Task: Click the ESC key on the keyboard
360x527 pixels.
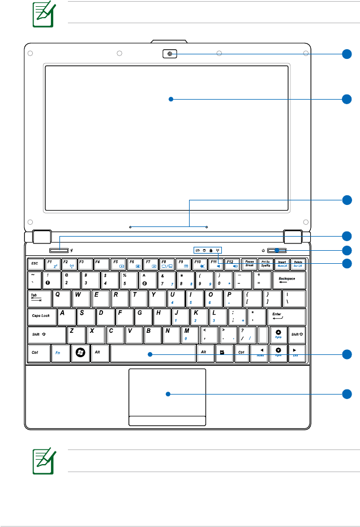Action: pyautogui.click(x=35, y=263)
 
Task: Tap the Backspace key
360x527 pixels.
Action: pyautogui.click(x=288, y=280)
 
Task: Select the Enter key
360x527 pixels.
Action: pyautogui.click(x=286, y=316)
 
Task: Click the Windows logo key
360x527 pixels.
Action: pyautogui.click(x=80, y=353)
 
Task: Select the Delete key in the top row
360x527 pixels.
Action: pyautogui.click(x=299, y=263)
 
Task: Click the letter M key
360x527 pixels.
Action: pyautogui.click(x=187, y=334)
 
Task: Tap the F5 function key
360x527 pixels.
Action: pyautogui.click(x=118, y=263)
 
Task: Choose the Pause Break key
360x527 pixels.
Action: pyautogui.click(x=250, y=263)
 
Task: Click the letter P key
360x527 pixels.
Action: pyautogui.click(x=230, y=298)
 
